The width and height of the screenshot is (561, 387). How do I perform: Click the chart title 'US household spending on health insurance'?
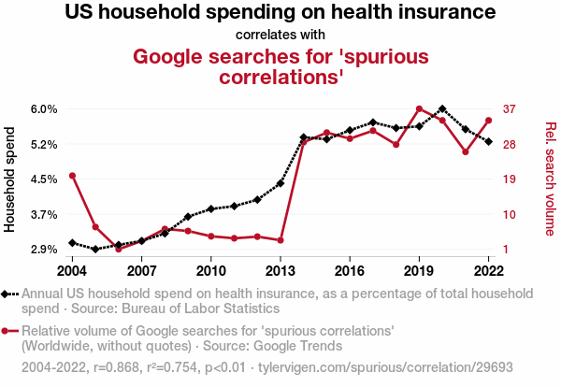[280, 13]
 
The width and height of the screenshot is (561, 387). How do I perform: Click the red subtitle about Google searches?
[280, 65]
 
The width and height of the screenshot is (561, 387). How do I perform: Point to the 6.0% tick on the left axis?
[44, 109]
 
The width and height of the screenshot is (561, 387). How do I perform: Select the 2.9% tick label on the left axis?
[44, 250]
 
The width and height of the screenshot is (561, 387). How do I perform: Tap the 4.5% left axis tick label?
[44, 179]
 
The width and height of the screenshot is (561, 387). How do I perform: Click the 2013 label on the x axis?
[280, 271]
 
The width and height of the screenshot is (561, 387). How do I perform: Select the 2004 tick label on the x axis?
[72, 271]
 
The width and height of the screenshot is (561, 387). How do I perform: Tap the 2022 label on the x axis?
[488, 271]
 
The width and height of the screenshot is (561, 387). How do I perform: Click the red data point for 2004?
[72, 176]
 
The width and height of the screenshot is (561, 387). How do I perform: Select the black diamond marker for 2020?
[442, 109]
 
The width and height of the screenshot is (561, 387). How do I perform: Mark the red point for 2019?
[419, 109]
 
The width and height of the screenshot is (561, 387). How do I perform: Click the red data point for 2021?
[466, 151]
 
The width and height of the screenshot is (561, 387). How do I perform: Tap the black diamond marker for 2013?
[280, 183]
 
